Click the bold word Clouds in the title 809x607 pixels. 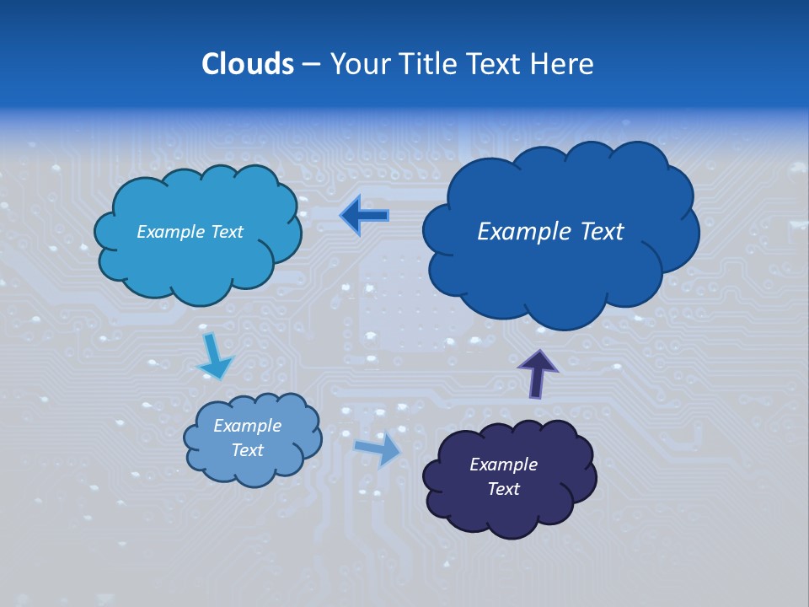248,64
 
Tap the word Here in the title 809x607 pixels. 564,64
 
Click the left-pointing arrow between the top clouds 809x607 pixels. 365,216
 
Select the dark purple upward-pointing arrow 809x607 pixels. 537,372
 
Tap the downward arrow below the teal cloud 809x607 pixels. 214,356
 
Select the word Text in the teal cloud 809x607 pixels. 227,232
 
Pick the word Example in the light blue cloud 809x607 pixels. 248,426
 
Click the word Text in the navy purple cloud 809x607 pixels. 504,490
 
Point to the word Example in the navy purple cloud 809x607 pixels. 504,465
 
